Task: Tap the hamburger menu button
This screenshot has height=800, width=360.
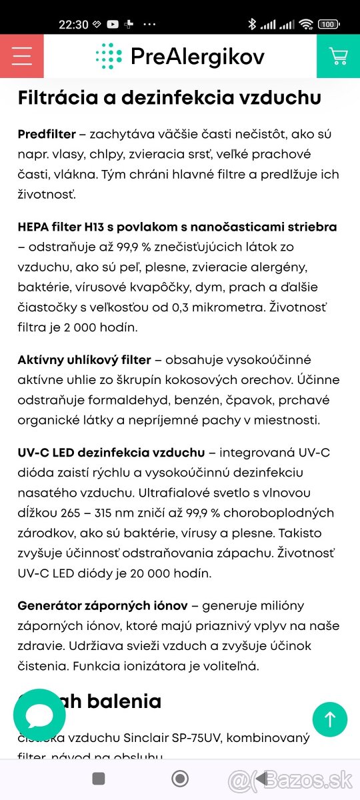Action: pyautogui.click(x=22, y=56)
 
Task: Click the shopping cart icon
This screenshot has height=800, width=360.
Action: pyautogui.click(x=338, y=56)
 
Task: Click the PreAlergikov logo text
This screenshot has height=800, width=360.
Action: pyautogui.click(x=197, y=57)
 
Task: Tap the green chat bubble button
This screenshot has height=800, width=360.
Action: pyautogui.click(x=39, y=715)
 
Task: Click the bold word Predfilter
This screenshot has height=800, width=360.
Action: pyautogui.click(x=46, y=134)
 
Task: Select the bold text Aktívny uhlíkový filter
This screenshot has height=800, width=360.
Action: pyautogui.click(x=84, y=360)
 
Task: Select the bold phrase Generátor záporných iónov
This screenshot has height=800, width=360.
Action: pyautogui.click(x=103, y=605)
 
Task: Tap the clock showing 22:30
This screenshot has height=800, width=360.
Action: pyautogui.click(x=73, y=25)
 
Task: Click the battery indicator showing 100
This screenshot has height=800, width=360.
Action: pyautogui.click(x=327, y=25)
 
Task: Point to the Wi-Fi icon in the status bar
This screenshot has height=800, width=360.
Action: pyautogui.click(x=306, y=25)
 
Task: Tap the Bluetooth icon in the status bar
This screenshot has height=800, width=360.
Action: pyautogui.click(x=251, y=25)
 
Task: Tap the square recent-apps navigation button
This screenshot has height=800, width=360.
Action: pyautogui.click(x=99, y=778)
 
